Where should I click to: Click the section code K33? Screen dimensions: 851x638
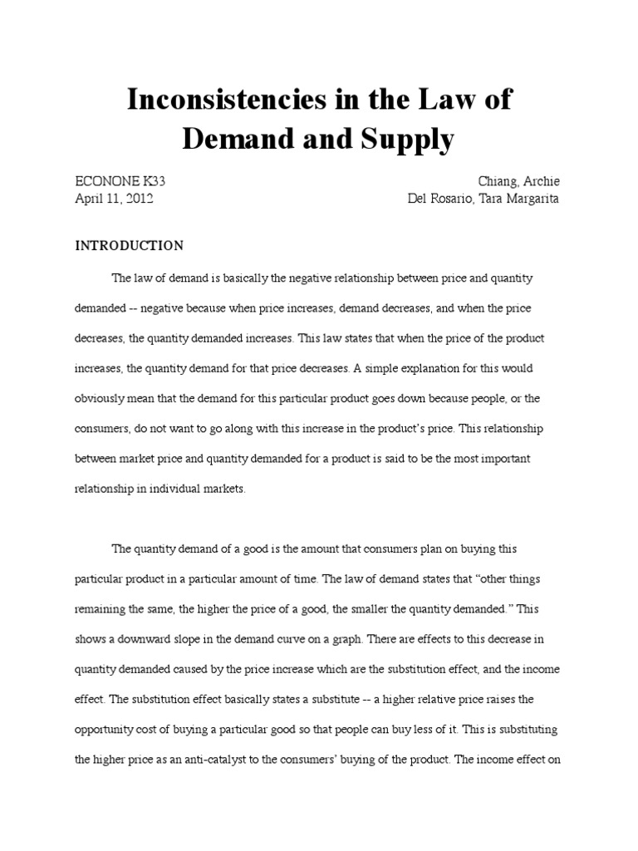[x=161, y=181]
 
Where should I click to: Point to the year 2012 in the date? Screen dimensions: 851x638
[x=137, y=199]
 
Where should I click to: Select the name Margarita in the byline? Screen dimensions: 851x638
[x=529, y=199]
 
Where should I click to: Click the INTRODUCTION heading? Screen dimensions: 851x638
[x=130, y=246]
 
